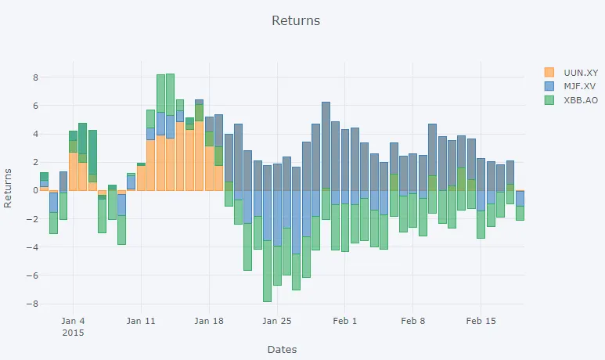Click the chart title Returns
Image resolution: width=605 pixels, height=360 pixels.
click(x=296, y=20)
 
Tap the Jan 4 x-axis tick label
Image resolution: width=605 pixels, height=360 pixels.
click(x=72, y=320)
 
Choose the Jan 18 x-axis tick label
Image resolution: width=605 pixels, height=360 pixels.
click(x=209, y=320)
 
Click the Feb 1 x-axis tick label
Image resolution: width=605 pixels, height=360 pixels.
click(x=344, y=320)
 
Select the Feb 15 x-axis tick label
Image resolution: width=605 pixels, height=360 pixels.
click(x=481, y=320)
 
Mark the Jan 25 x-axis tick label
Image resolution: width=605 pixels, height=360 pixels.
click(x=277, y=320)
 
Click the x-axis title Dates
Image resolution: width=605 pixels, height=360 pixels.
click(x=282, y=349)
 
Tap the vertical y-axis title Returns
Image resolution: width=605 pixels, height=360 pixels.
click(x=9, y=188)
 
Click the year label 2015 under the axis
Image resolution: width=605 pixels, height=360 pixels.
click(x=72, y=333)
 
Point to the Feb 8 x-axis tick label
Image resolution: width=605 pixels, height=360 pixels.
click(x=412, y=320)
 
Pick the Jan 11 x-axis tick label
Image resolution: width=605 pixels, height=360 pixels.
click(x=141, y=320)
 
